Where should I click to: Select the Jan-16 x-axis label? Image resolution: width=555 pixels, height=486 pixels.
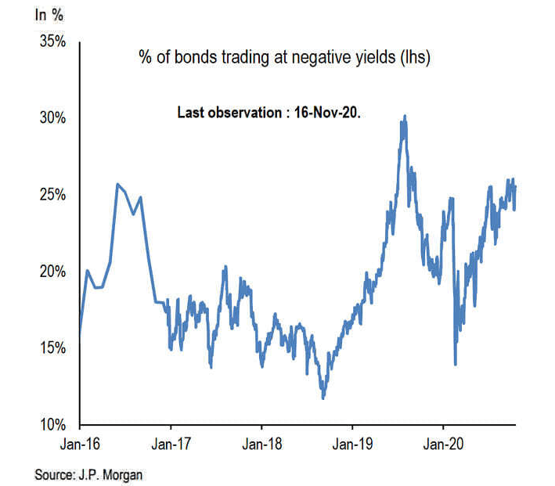[x=80, y=444]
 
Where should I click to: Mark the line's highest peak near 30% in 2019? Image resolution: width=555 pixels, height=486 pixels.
[x=404, y=117]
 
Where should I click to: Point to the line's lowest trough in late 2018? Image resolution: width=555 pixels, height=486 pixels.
[x=323, y=398]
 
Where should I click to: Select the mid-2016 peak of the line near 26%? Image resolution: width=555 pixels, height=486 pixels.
[x=117, y=185]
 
